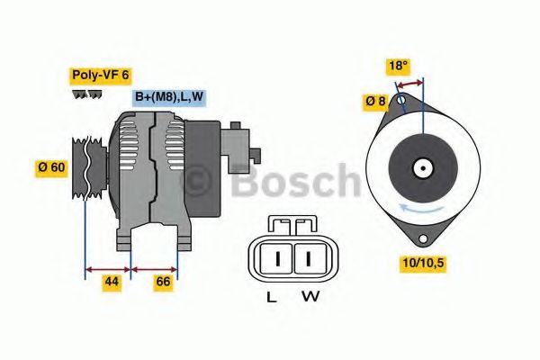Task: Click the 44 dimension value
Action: pos(111,283)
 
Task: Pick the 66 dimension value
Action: pos(164,283)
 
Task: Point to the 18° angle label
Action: pos(398,66)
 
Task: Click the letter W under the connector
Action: pos(309,296)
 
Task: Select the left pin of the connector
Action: pos(278,259)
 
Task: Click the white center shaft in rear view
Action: pos(422,167)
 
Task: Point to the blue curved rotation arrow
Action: pos(423,209)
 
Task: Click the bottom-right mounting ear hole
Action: pos(419,238)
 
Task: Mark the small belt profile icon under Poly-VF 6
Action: pos(86,94)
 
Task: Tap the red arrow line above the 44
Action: pos(108,268)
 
